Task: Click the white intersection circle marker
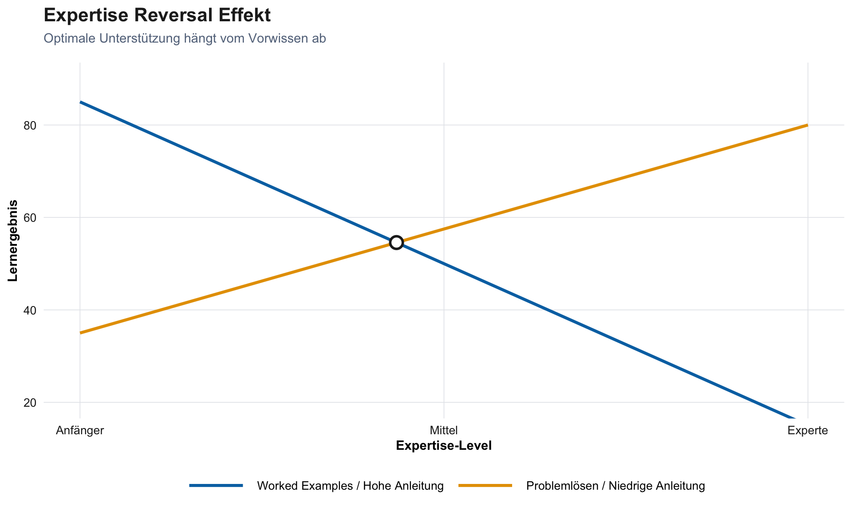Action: coord(396,242)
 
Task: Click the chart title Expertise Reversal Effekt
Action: coord(157,16)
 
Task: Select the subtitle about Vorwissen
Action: coord(185,39)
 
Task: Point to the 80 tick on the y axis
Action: coord(30,126)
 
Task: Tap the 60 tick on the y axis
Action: coord(30,218)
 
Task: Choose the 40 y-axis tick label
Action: coord(30,310)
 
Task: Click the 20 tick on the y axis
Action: coord(30,403)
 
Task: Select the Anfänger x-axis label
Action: coord(80,430)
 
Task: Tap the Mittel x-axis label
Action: coord(444,430)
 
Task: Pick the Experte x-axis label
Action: coord(808,430)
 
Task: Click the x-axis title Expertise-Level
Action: coord(444,446)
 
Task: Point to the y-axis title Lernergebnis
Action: coord(13,240)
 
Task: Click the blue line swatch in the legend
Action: coord(216,486)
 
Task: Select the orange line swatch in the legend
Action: coord(485,486)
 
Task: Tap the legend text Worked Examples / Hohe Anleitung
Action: coord(350,486)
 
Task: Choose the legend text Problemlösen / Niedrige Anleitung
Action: coord(615,486)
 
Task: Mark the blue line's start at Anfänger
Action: coord(80,102)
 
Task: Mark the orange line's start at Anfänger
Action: coord(80,333)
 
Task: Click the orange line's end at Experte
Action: coord(807,125)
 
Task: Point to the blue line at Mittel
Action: coord(444,263)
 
